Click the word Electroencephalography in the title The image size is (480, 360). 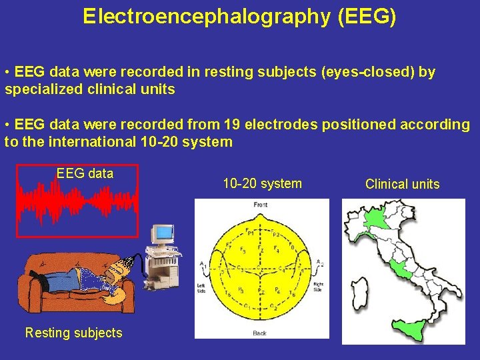(206, 17)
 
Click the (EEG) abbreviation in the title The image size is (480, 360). (367, 17)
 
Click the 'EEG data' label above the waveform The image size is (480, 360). (85, 174)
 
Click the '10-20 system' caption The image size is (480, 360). (262, 183)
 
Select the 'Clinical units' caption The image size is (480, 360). (402, 184)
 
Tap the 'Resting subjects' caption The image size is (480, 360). (73, 333)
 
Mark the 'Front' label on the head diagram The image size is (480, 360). (261, 205)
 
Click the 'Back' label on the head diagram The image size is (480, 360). (260, 333)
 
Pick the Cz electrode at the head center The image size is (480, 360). (260, 269)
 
